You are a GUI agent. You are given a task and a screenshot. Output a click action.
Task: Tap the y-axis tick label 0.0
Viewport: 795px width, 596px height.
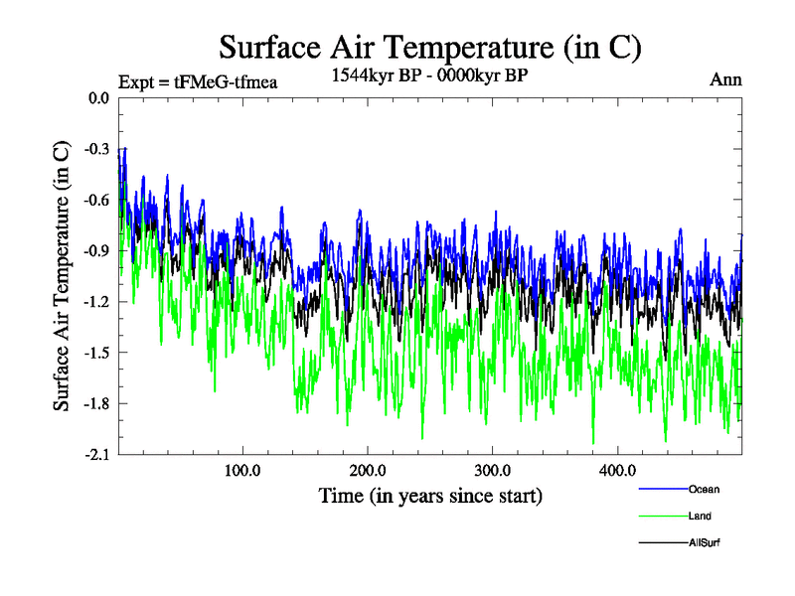(x=98, y=98)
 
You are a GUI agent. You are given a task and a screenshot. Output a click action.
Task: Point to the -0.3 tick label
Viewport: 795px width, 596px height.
(x=96, y=149)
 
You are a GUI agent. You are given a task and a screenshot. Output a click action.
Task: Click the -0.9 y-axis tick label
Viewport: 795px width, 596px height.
(x=96, y=250)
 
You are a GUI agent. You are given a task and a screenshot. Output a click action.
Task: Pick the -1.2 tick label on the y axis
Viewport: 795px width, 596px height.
(x=96, y=301)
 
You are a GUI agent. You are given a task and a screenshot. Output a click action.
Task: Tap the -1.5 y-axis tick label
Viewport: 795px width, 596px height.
(x=96, y=352)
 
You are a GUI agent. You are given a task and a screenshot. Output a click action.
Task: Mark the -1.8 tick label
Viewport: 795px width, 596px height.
(x=96, y=402)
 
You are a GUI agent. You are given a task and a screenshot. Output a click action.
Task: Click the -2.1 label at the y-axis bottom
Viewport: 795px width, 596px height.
(x=96, y=453)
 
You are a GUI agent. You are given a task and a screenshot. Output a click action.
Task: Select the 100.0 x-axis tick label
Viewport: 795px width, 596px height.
(x=242, y=469)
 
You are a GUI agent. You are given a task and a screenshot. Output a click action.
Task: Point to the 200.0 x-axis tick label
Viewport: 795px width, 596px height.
(x=368, y=469)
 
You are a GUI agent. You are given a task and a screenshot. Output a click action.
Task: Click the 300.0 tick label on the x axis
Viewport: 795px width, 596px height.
(x=493, y=469)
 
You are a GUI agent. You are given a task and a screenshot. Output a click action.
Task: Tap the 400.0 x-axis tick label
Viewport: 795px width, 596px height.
(x=618, y=469)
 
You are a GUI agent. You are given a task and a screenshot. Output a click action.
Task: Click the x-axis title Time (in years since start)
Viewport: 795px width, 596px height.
(x=430, y=495)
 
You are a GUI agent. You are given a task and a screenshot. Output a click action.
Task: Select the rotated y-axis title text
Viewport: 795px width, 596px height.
(x=62, y=275)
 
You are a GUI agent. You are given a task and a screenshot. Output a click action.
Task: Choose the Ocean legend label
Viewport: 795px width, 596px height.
(x=704, y=489)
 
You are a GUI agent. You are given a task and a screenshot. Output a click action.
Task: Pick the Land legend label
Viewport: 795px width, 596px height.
(x=700, y=516)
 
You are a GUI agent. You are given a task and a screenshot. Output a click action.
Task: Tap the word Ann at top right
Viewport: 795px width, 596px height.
(x=725, y=79)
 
